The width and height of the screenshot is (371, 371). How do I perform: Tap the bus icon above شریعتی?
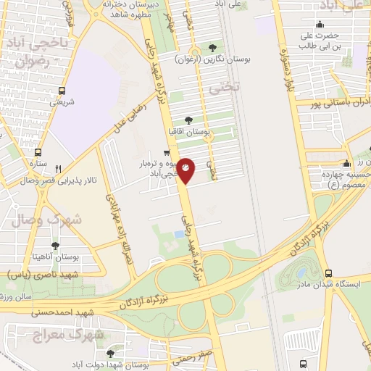[62, 91]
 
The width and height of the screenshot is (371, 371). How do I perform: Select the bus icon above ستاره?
[38, 153]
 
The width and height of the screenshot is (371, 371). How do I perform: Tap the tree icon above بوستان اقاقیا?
[188, 120]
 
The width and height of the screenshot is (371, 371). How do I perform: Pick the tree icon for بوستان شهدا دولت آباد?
[110, 354]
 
